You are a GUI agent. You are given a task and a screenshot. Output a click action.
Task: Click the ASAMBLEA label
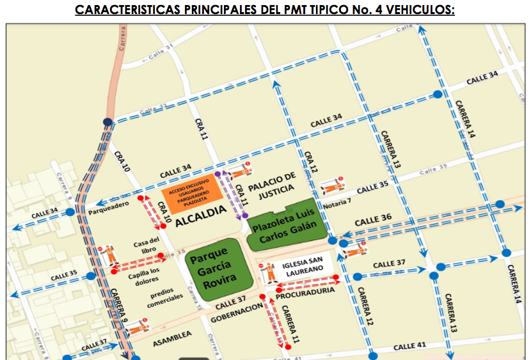(172, 334)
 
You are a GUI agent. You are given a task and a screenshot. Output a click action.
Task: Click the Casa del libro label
(146, 245)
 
